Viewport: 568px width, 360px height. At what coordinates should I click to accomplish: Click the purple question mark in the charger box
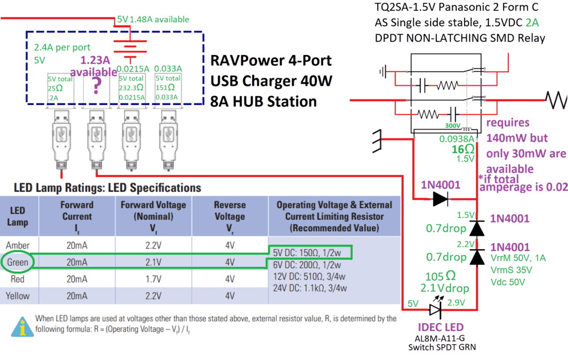(x=97, y=86)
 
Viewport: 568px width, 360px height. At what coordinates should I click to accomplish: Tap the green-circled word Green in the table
(x=18, y=262)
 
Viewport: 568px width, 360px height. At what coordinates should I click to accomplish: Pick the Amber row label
(x=18, y=245)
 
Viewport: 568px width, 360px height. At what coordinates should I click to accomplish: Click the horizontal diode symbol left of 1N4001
(x=443, y=199)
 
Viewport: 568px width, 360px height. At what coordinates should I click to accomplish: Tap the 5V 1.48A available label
(x=153, y=19)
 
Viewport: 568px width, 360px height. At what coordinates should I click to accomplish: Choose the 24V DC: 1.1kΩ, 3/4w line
(x=309, y=287)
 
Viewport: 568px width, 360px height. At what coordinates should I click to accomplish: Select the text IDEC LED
(x=440, y=328)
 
